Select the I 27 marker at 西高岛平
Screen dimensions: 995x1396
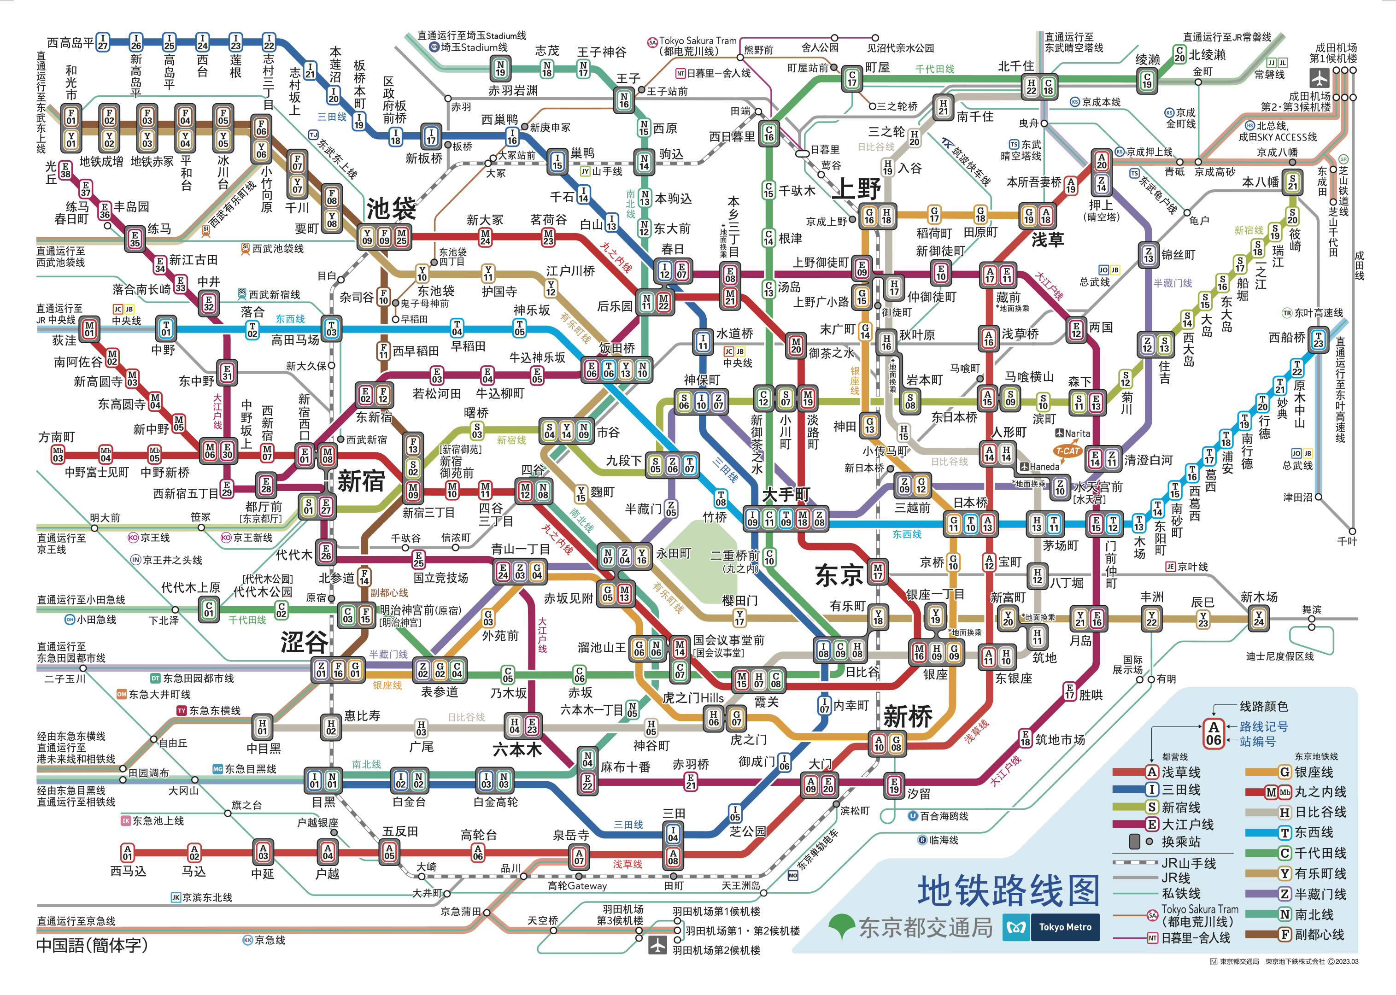(103, 41)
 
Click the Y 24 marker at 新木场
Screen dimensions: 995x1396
(1258, 619)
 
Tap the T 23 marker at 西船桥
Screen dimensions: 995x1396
(1318, 339)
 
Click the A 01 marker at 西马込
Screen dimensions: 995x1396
(128, 852)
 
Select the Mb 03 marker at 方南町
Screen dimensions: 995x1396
(58, 454)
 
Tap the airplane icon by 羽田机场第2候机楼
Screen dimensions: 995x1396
(657, 945)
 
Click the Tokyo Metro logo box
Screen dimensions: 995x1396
(1051, 927)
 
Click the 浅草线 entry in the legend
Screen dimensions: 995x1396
(1181, 772)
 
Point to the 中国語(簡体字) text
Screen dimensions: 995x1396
(92, 945)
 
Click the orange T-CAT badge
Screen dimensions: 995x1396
(1067, 451)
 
